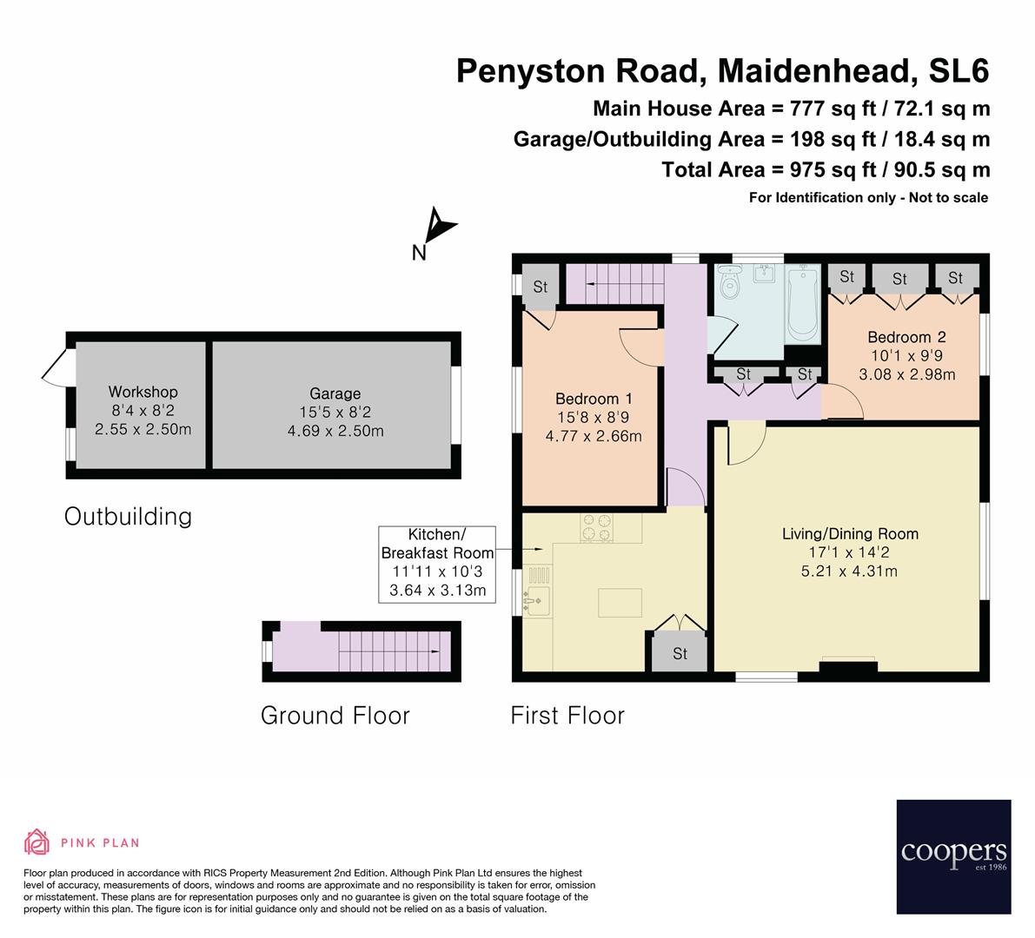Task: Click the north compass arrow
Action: point(439,228)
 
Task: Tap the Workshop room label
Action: point(143,392)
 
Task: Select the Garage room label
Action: point(335,393)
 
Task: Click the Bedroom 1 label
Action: point(594,399)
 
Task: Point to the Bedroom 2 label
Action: point(906,337)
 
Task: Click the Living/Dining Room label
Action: point(850,534)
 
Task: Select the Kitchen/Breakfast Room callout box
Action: point(437,564)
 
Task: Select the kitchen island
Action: point(620,601)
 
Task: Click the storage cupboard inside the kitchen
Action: point(679,652)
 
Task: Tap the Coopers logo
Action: point(953,855)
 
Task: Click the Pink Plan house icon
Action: point(36,842)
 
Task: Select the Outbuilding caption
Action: point(128,517)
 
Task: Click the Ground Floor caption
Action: point(335,716)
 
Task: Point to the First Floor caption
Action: point(567,716)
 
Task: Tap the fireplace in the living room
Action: point(847,667)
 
